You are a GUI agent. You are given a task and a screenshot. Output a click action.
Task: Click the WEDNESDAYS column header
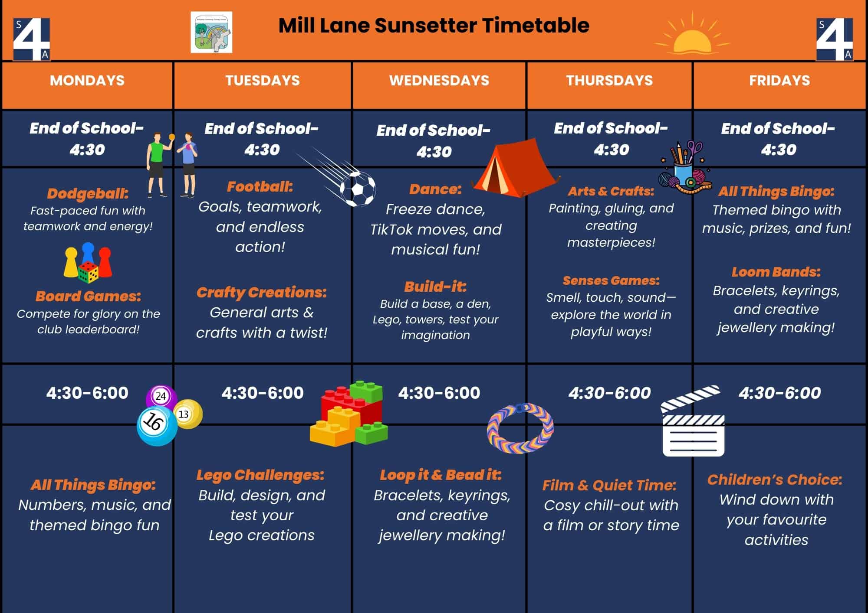[x=439, y=80]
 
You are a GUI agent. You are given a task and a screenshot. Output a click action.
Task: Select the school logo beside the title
[x=211, y=32]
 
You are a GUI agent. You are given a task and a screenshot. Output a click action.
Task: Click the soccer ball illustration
[x=358, y=189]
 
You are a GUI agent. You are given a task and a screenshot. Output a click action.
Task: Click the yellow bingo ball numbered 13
[x=188, y=414]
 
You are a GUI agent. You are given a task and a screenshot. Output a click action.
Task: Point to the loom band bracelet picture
[x=520, y=428]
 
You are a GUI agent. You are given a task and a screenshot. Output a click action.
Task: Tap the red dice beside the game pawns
[x=88, y=272]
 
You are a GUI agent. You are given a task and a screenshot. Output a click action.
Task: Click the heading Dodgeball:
[x=88, y=193]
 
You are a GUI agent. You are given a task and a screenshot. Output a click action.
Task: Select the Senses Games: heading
[x=611, y=280]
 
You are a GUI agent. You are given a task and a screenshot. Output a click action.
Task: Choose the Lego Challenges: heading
[x=260, y=475]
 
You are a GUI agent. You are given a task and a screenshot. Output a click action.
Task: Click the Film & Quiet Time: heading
[x=609, y=485]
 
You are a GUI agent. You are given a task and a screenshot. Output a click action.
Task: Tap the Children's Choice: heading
[x=775, y=479]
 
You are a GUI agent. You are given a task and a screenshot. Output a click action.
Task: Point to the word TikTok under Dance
[x=396, y=229]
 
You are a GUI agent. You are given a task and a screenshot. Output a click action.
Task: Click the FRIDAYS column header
[x=779, y=80]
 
